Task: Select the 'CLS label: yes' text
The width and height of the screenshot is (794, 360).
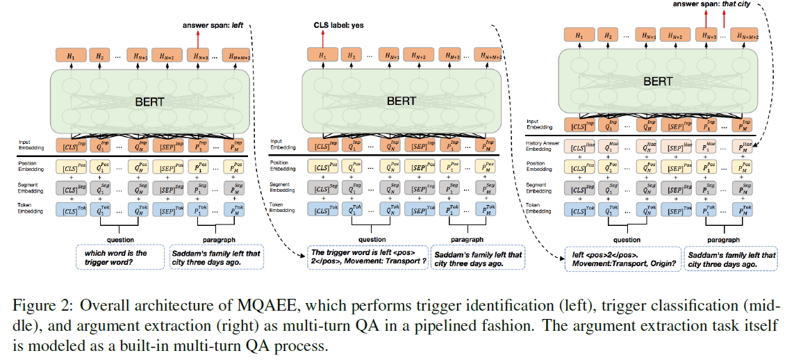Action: point(338,26)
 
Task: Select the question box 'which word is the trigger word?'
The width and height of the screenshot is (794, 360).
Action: point(118,258)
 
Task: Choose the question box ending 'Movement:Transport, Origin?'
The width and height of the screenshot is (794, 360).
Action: point(622,259)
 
